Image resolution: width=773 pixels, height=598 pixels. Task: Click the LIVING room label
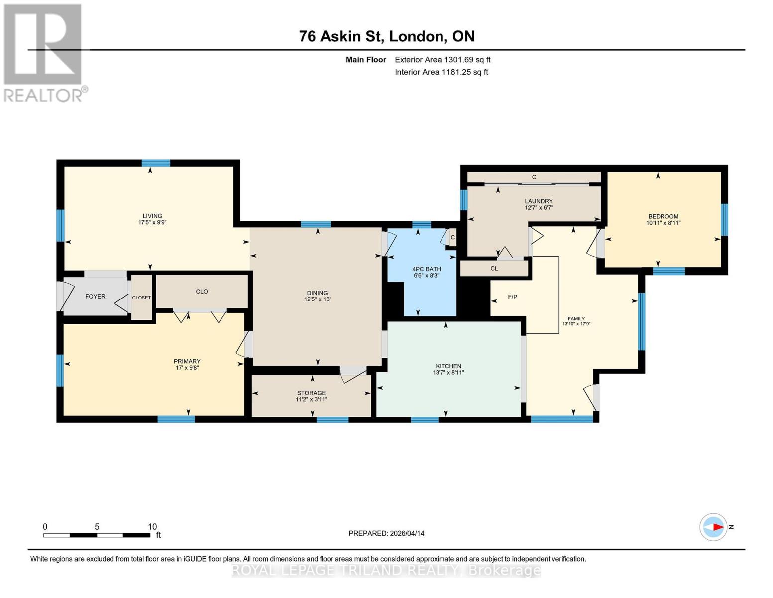pyautogui.click(x=152, y=216)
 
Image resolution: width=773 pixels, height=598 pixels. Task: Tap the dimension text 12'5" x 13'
pyautogui.click(x=317, y=299)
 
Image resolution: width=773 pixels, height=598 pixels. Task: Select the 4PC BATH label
pyautogui.click(x=427, y=269)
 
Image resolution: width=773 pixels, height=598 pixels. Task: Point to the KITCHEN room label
pyautogui.click(x=448, y=366)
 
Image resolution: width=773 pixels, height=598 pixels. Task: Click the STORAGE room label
pyautogui.click(x=311, y=393)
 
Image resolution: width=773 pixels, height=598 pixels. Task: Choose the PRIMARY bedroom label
pyautogui.click(x=187, y=361)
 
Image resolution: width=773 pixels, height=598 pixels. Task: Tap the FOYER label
pyautogui.click(x=95, y=297)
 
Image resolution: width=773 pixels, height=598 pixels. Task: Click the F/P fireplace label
pyautogui.click(x=512, y=297)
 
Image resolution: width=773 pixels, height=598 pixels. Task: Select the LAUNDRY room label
pyautogui.click(x=539, y=201)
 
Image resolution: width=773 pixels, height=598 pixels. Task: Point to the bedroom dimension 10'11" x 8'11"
pyautogui.click(x=663, y=223)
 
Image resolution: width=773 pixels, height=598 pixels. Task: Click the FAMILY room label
pyautogui.click(x=576, y=319)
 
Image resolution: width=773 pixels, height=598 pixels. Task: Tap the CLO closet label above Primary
pyautogui.click(x=202, y=292)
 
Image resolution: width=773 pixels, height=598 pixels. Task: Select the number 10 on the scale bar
pyautogui.click(x=152, y=527)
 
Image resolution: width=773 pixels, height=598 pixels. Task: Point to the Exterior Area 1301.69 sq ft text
pyautogui.click(x=442, y=60)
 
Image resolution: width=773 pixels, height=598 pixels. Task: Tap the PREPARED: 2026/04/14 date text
pyautogui.click(x=386, y=533)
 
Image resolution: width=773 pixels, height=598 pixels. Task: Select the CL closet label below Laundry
pyautogui.click(x=494, y=269)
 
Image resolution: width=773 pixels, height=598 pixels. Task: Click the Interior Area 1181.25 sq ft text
pyautogui.click(x=441, y=72)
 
